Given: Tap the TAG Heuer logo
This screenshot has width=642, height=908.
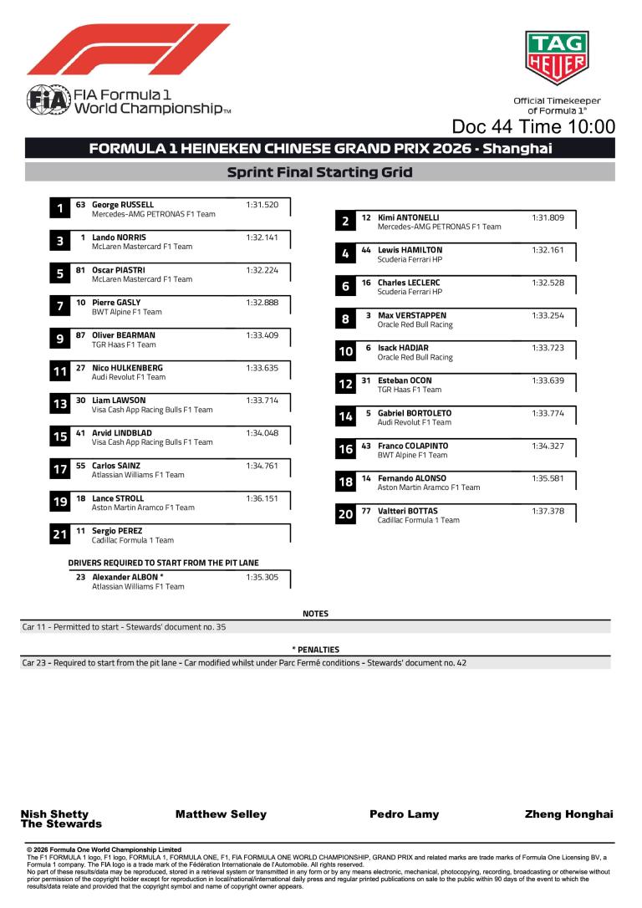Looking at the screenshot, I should pos(555,58).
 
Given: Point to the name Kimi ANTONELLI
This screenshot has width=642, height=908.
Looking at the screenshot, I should pos(409,217).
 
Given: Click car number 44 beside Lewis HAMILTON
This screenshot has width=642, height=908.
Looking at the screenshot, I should pos(366,250).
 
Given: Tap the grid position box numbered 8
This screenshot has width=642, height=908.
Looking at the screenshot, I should pos(345,319).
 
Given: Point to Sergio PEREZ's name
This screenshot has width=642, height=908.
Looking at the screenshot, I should pos(117,531).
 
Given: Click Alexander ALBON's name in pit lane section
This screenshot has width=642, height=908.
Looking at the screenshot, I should pos(127,577).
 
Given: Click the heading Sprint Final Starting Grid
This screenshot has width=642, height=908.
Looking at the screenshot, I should pos(320,173).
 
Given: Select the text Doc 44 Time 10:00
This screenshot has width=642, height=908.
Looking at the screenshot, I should pos(533,127).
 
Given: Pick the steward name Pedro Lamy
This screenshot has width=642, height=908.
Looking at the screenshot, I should pos(404,814).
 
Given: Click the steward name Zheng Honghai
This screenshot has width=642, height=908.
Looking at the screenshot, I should pos(568,814).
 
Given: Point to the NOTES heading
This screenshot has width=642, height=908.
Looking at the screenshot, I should pos(315,614).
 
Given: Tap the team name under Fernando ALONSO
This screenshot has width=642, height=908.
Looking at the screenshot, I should pos(429,487).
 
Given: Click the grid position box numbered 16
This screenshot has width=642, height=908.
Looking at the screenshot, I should pos(345,450).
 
